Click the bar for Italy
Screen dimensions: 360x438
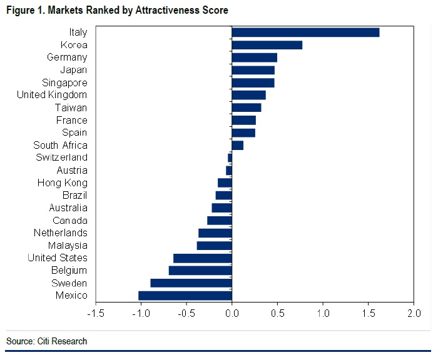click(x=305, y=32)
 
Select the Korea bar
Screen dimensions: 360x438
click(x=267, y=45)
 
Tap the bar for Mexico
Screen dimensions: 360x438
click(x=185, y=296)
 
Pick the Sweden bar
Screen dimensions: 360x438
click(x=191, y=283)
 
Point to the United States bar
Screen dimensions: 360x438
click(x=203, y=258)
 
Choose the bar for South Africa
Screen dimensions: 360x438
click(x=238, y=145)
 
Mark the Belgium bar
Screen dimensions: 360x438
click(x=200, y=271)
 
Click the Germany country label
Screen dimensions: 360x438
click(x=67, y=57)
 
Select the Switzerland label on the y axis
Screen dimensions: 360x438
click(x=61, y=157)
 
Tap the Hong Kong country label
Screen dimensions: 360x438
click(x=63, y=183)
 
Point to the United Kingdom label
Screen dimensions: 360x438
click(x=52, y=95)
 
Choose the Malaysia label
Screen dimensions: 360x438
click(x=68, y=246)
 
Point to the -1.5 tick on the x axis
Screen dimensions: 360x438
click(x=95, y=312)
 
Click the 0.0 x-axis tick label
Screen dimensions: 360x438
click(x=232, y=312)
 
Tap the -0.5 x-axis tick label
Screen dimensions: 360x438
click(x=186, y=312)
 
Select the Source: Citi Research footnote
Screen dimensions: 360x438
click(x=47, y=341)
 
